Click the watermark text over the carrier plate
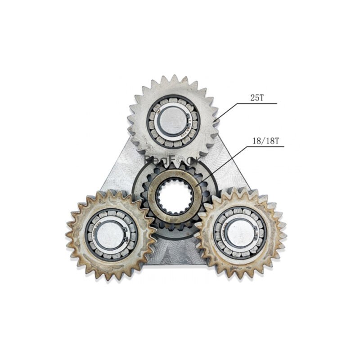point(173,158)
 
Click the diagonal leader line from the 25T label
point(227,112)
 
